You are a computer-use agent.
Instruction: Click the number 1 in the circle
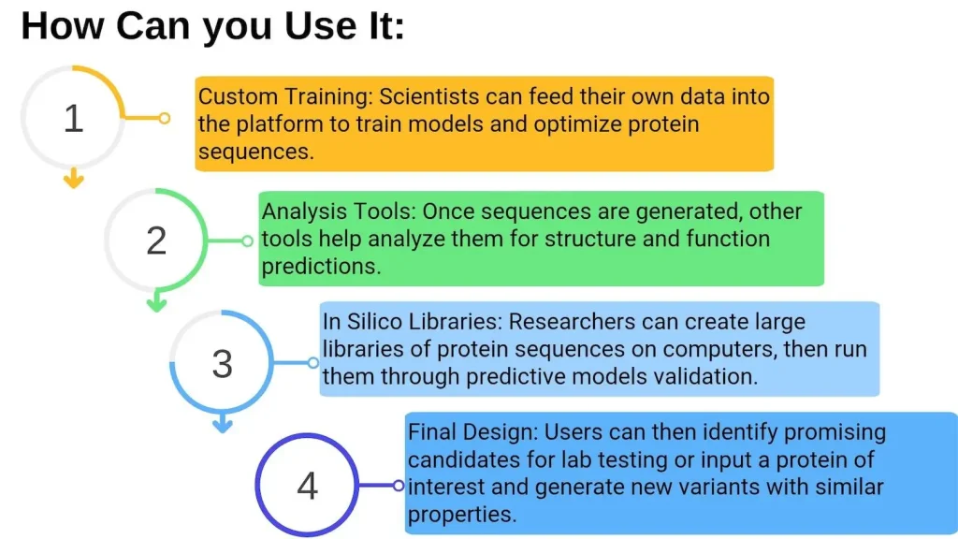point(74,118)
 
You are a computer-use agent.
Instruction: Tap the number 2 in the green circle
point(156,240)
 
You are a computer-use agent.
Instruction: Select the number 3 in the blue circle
point(223,364)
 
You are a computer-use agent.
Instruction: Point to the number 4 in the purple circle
point(307,487)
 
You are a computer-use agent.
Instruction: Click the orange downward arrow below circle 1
point(73,178)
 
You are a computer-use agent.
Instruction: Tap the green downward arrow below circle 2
point(157,301)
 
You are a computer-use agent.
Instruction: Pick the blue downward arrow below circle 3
point(223,423)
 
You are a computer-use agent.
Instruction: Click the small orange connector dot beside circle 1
point(165,118)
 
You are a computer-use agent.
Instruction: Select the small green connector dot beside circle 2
point(247,240)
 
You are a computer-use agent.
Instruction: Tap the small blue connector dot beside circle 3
point(312,363)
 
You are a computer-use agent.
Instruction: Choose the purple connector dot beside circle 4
point(399,486)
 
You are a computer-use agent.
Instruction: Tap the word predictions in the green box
point(322,267)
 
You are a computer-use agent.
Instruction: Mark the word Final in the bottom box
point(432,432)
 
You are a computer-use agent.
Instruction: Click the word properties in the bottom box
point(462,515)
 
